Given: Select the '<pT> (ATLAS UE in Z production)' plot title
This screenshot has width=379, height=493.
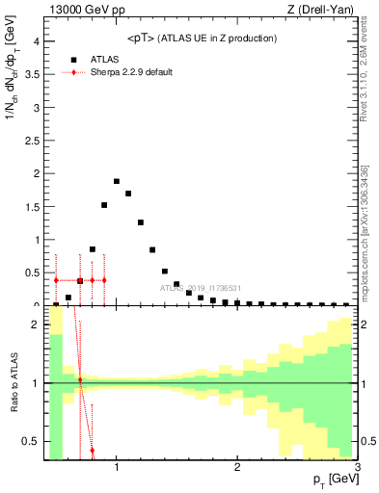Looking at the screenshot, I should (x=202, y=38).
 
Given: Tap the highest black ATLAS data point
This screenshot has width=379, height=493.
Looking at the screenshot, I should (x=117, y=181).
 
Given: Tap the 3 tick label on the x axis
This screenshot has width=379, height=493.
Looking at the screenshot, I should (x=357, y=469).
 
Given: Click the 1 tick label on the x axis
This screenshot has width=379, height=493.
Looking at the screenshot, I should (x=117, y=469).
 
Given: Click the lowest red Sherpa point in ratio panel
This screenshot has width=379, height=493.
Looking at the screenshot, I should (x=92, y=450).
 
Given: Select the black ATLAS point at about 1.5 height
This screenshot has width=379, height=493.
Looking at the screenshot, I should (x=104, y=205).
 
